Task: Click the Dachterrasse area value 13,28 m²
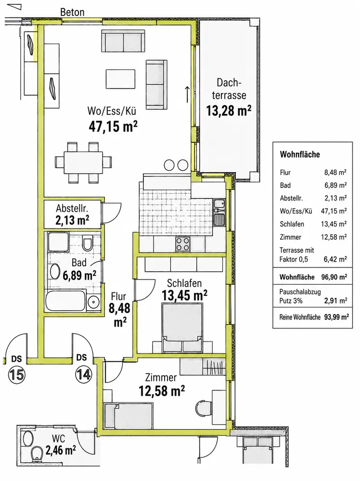pos(229,111)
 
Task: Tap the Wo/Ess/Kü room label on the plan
pos(112,111)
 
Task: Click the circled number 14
pos(83,375)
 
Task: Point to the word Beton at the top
pos(72,13)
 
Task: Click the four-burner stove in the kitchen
pos(182,244)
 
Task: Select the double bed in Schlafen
pos(182,328)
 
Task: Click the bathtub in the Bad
pos(65,301)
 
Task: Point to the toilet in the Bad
pos(88,243)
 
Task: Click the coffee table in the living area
pos(121,79)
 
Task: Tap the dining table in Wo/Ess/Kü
pos(83,163)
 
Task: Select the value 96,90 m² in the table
pos(334,277)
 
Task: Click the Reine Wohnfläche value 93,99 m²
pos(336,317)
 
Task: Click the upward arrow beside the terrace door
pos(187,94)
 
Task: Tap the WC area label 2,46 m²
pos(61,450)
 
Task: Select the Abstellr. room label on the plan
pos(72,209)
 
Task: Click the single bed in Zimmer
pos(129,416)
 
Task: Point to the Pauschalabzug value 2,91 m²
pos(336,301)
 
